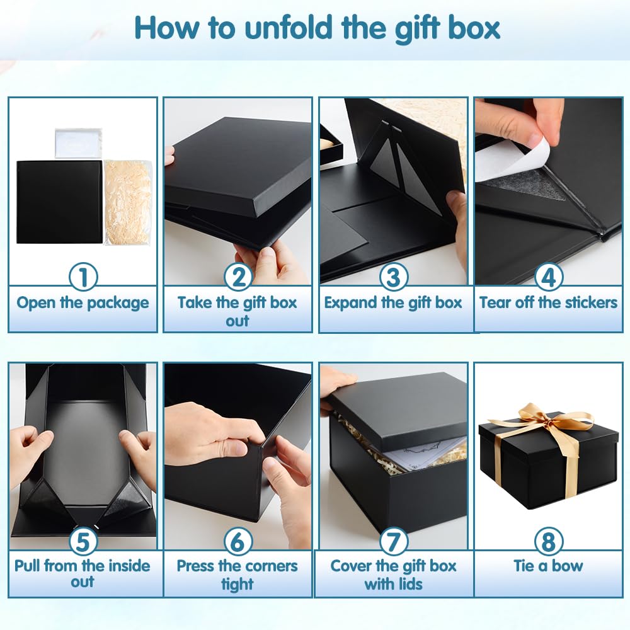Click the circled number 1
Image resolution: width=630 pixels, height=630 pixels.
tap(83, 277)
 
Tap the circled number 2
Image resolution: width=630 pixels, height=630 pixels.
tap(238, 277)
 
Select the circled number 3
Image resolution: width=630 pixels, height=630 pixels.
tap(393, 277)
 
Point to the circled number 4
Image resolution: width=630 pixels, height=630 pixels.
tap(548, 277)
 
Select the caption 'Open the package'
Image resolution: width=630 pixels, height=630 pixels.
tap(83, 303)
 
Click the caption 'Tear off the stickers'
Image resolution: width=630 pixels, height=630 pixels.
tap(548, 303)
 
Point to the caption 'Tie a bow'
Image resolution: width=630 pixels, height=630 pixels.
tap(548, 566)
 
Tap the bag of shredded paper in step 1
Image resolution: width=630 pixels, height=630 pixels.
tap(128, 202)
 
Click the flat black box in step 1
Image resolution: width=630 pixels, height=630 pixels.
tap(59, 202)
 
